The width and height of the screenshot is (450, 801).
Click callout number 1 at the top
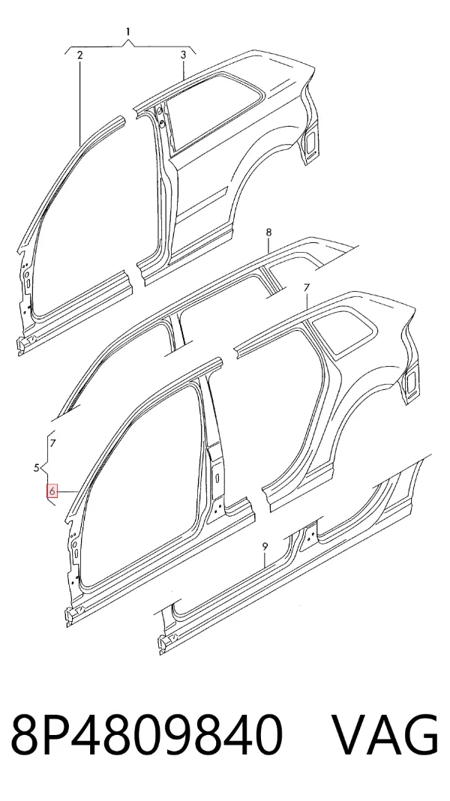point(128,31)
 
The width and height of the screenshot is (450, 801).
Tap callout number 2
point(79,55)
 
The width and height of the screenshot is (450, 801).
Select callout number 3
point(184,55)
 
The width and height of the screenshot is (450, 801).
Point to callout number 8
point(268,233)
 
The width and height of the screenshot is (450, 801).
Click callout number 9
point(265,547)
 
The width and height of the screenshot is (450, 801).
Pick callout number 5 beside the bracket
point(37,467)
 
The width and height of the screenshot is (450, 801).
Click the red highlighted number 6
point(52,491)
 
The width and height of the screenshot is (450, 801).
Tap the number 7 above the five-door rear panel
point(307,288)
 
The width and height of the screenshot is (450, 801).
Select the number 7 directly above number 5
point(53,443)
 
